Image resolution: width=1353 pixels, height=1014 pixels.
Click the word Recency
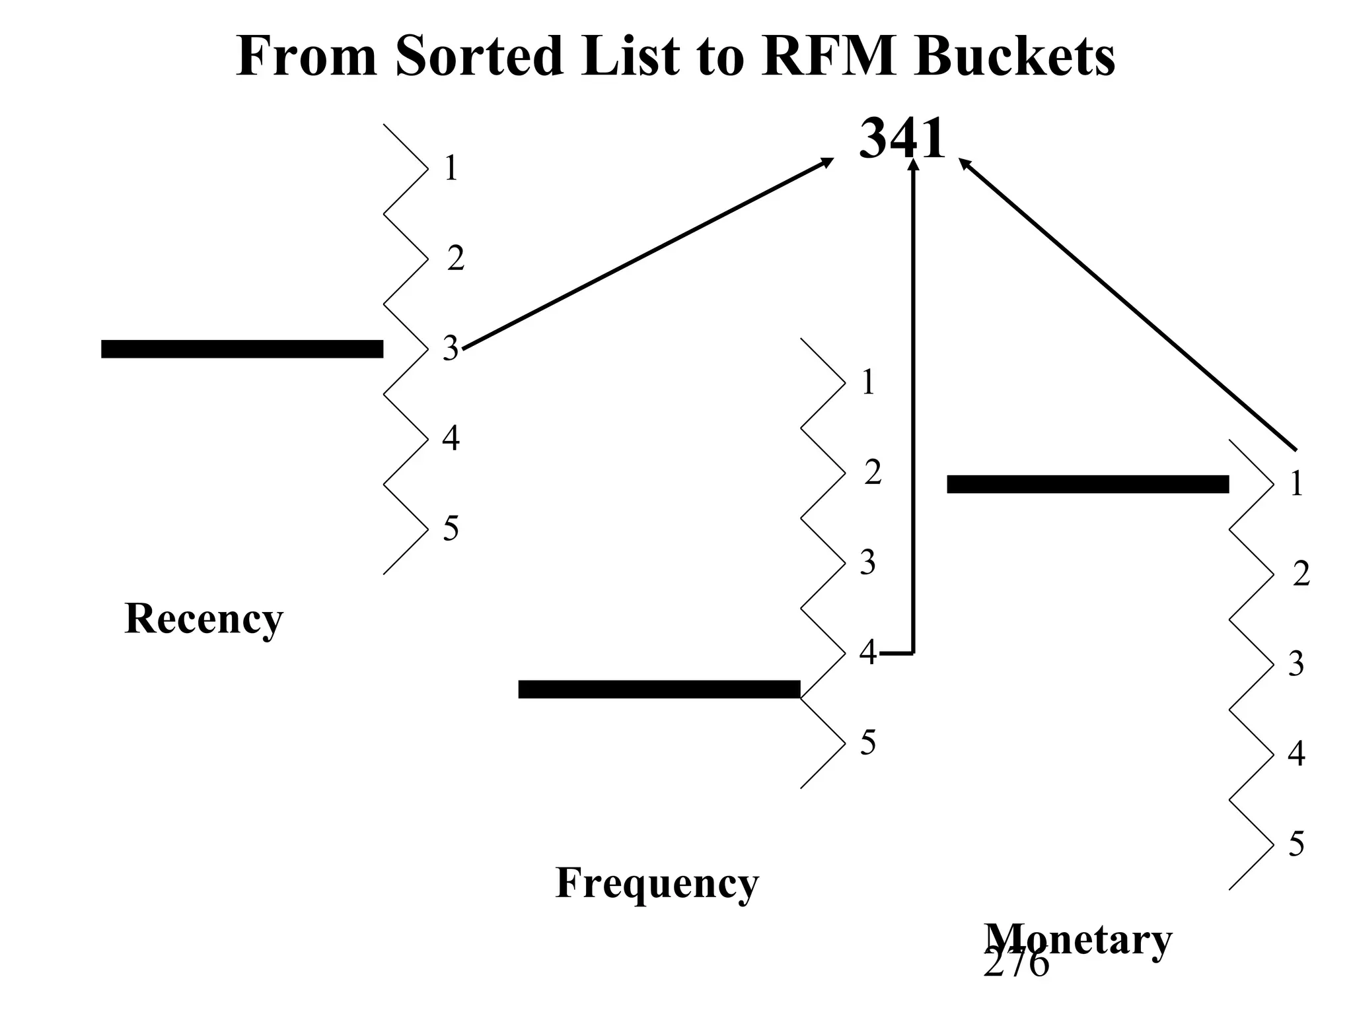[x=203, y=619]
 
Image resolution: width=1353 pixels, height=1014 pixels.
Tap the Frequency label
[x=657, y=883]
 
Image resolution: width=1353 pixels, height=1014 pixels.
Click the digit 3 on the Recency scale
[x=450, y=348]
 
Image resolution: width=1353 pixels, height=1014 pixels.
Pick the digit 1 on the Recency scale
[x=451, y=168]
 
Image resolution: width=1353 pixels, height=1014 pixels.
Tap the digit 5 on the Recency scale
[x=451, y=528]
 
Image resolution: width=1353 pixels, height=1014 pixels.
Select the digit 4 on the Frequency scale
[x=867, y=652]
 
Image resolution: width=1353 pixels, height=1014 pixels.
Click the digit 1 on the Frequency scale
[x=868, y=382]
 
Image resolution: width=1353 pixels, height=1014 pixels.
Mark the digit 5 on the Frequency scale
[x=867, y=742]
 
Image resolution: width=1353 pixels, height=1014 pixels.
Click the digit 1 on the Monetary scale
[x=1296, y=484]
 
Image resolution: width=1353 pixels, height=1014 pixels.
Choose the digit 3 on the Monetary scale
[x=1296, y=663]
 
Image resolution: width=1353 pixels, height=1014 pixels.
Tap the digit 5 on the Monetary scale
[x=1296, y=844]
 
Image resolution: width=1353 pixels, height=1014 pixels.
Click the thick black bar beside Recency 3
[x=242, y=349]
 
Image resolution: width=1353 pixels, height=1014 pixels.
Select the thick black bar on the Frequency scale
[x=659, y=689]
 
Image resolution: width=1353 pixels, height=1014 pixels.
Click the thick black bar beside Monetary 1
[x=1087, y=484]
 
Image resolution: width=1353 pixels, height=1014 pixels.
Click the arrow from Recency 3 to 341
[x=647, y=254]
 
